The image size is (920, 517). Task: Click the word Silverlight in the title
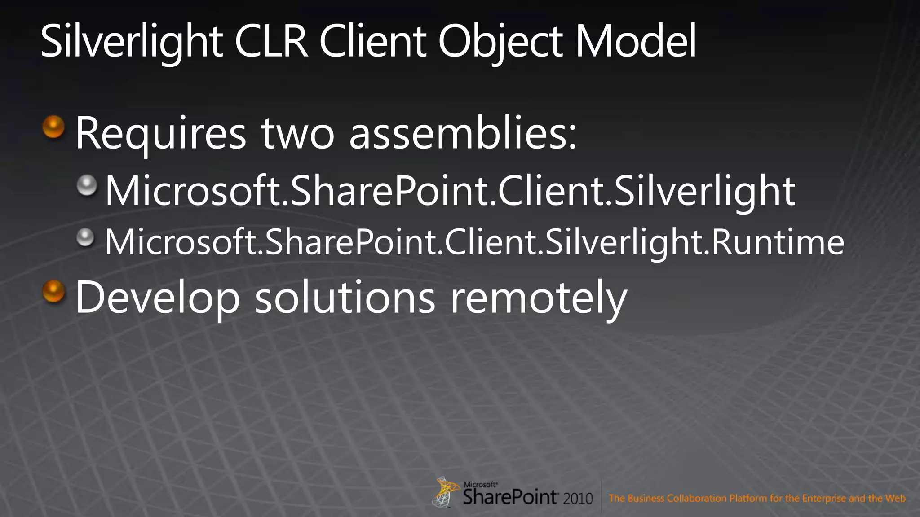click(x=131, y=42)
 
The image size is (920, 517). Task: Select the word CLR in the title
click(x=271, y=42)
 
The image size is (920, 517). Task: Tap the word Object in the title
click(x=500, y=42)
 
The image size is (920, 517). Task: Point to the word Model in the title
click(x=636, y=42)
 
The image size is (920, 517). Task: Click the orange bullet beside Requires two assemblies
click(x=53, y=127)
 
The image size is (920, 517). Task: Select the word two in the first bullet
click(x=297, y=134)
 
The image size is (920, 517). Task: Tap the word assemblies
click(x=463, y=134)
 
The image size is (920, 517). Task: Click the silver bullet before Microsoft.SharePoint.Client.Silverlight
click(x=87, y=185)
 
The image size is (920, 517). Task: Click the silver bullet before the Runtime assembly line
click(x=85, y=237)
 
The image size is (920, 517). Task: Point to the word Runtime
click(x=778, y=242)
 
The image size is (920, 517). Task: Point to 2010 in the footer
click(x=578, y=499)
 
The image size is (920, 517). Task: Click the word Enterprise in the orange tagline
click(x=824, y=498)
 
